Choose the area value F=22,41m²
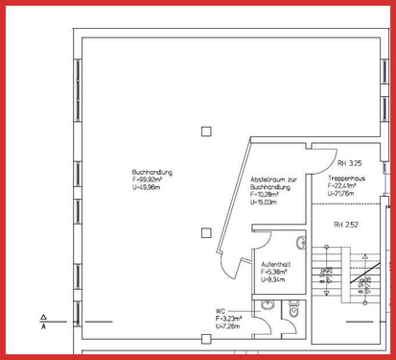coord(343,186)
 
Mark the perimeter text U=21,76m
coord(341,193)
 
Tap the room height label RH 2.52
coord(345,226)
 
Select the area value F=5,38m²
coord(274,272)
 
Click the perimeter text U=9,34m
coord(273,278)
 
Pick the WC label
coord(221,311)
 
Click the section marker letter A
coord(44,326)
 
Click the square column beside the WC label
coord(204,339)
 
